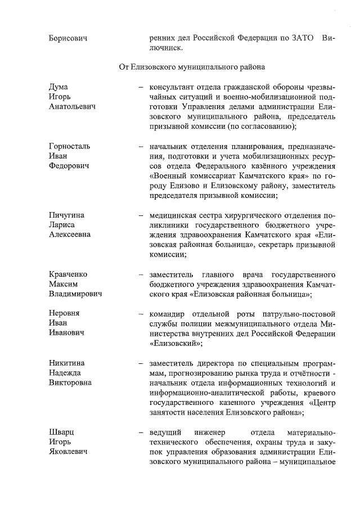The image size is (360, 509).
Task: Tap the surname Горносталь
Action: (69, 146)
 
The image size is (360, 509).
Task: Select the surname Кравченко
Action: (68, 274)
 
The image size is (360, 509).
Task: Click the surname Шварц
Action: (61, 432)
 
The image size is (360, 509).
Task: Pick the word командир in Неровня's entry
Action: (168, 313)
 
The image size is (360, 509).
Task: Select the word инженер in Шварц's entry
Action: (210, 432)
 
